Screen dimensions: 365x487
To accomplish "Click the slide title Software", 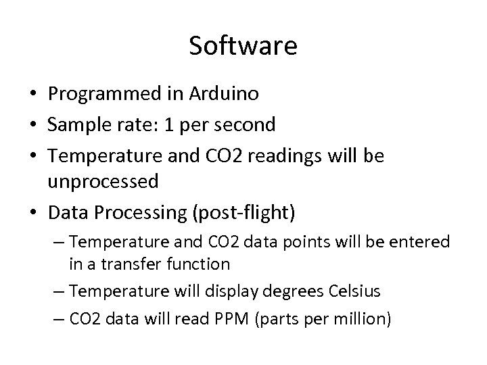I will click(243, 46).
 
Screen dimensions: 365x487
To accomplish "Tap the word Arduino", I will click(224, 94).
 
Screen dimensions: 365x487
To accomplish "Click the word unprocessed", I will click(103, 182).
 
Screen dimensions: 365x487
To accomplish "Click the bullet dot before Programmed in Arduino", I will click(33, 95).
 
